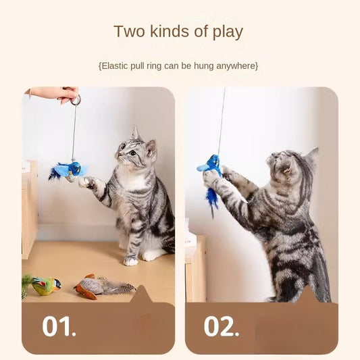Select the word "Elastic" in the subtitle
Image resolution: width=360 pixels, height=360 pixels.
[119, 66]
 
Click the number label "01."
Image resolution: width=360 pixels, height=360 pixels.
[59, 326]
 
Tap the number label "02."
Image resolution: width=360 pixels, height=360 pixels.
[222, 326]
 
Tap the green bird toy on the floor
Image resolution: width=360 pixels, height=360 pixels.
[44, 286]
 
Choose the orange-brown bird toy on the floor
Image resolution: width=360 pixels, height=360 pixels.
[91, 286]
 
